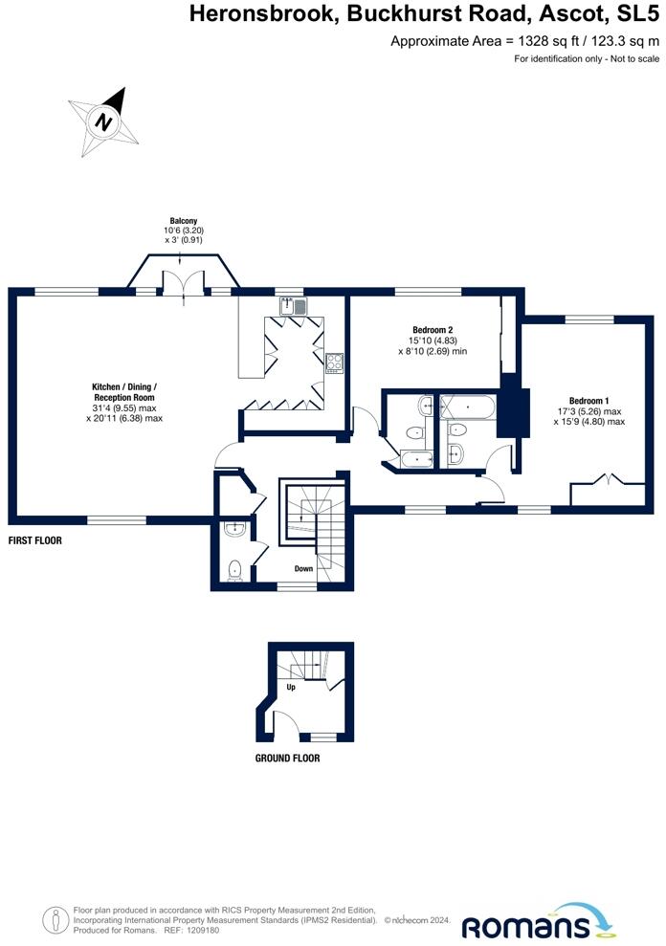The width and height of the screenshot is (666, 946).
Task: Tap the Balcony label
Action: (x=184, y=221)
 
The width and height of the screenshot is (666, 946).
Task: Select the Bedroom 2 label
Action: (x=433, y=330)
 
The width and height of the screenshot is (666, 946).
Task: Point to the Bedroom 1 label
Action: (x=588, y=401)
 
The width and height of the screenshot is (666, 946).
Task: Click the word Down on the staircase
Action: (x=303, y=568)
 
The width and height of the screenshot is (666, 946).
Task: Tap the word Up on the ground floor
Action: (x=291, y=687)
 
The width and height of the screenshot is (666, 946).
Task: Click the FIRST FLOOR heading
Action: (x=35, y=540)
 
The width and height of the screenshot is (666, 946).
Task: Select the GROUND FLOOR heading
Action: (x=287, y=759)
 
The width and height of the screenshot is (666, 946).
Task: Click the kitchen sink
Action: (x=293, y=307)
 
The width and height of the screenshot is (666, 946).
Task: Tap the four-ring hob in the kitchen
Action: (x=335, y=363)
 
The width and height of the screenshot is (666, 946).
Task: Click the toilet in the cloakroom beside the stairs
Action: (x=234, y=570)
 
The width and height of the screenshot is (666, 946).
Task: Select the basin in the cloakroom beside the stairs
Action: (x=233, y=529)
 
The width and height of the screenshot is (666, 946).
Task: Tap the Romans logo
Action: (x=539, y=922)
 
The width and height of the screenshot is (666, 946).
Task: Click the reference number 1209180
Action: (x=204, y=931)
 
